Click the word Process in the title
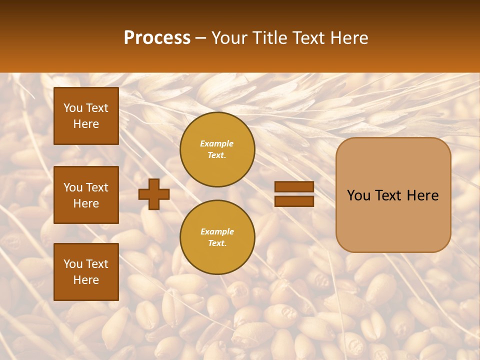[157, 38]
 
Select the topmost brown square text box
[86, 116]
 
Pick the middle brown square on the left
[86, 195]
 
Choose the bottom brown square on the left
[86, 272]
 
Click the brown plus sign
[154, 194]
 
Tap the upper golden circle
[217, 149]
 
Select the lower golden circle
[217, 237]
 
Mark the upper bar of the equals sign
[294, 186]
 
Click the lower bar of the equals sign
[294, 201]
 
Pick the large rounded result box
[393, 195]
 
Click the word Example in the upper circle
[217, 143]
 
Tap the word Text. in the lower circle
[217, 243]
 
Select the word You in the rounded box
[358, 195]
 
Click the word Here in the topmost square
[86, 124]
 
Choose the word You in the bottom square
[73, 264]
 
